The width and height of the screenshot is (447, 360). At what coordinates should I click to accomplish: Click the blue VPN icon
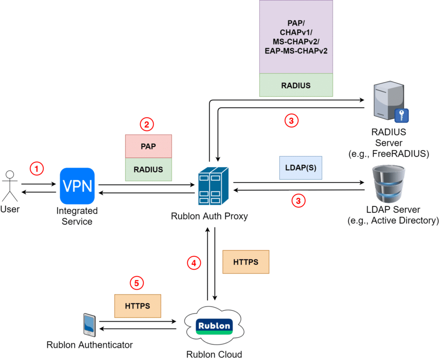point(77,186)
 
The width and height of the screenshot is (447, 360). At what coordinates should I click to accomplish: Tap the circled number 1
point(37,168)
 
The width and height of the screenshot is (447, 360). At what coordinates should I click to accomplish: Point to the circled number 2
point(147,124)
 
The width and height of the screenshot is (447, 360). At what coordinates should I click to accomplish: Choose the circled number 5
point(137,283)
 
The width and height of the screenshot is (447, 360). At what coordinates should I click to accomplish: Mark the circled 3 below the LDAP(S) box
point(298,201)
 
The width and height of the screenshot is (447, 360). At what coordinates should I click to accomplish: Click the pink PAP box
point(148,146)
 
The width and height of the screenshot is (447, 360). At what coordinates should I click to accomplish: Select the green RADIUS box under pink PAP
point(148,169)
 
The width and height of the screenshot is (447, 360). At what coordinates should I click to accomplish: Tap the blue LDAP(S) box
point(300,168)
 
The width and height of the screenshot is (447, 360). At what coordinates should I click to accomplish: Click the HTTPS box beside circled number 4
point(246,262)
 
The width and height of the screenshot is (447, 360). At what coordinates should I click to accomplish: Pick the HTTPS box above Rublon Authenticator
point(138,306)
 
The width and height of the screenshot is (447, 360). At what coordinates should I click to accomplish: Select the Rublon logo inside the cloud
point(214,326)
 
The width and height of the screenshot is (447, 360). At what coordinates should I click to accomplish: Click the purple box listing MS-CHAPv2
point(296,37)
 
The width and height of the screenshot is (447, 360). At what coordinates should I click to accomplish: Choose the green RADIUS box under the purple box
point(296,85)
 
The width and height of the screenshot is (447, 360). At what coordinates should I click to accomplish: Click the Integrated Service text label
point(77,216)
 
